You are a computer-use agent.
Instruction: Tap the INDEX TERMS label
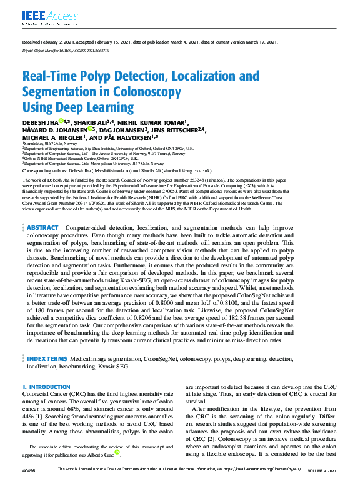47,359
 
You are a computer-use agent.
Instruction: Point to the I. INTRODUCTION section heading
46,387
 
